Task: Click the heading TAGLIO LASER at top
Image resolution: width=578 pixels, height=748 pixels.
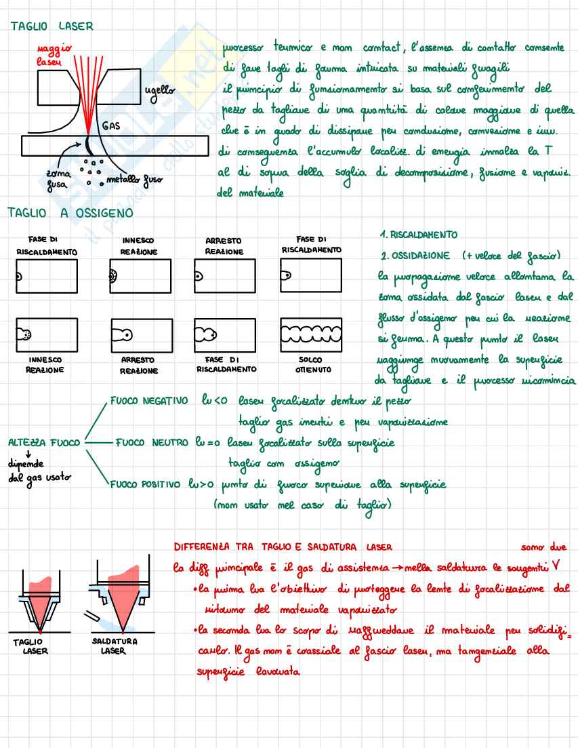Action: pyautogui.click(x=51, y=26)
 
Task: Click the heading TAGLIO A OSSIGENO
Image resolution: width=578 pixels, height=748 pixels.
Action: pyautogui.click(x=70, y=213)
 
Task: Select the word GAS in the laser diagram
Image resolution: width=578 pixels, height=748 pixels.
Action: pyautogui.click(x=111, y=126)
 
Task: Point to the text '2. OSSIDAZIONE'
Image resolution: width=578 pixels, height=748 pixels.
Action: pyautogui.click(x=415, y=256)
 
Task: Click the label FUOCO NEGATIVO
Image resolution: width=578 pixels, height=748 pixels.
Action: pyautogui.click(x=148, y=401)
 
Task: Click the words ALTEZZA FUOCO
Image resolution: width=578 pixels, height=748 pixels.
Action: pyautogui.click(x=44, y=442)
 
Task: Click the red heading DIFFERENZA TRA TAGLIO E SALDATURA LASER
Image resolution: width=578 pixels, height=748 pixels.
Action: pyautogui.click(x=283, y=547)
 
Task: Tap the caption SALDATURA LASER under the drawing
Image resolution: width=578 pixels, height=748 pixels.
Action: pyautogui.click(x=114, y=646)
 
